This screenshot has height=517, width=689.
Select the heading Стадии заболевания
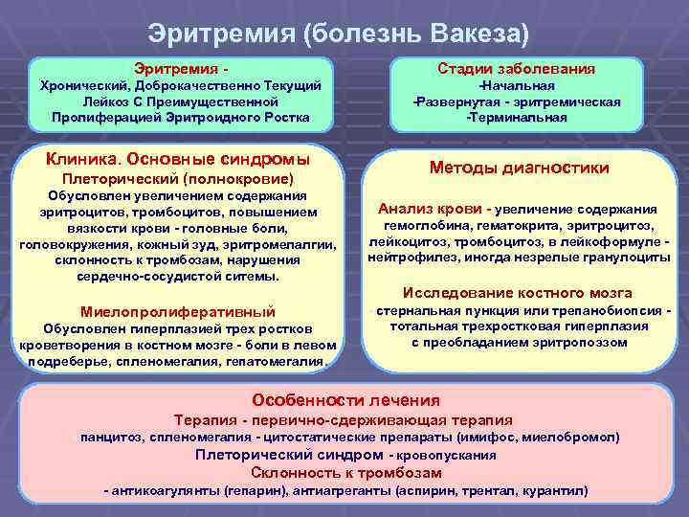(x=516, y=69)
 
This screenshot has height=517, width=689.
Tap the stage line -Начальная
(x=516, y=86)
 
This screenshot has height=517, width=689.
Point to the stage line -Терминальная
(x=516, y=117)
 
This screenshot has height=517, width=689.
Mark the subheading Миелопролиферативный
(x=179, y=312)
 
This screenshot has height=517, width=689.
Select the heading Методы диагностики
(x=519, y=168)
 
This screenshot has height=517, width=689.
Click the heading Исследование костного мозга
(x=518, y=293)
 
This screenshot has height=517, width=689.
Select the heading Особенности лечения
(x=345, y=400)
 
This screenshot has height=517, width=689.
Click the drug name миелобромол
(x=569, y=437)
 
